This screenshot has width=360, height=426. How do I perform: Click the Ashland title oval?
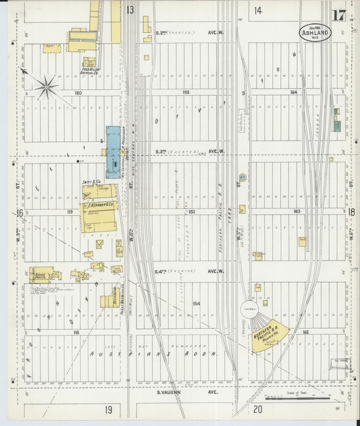point(315,32)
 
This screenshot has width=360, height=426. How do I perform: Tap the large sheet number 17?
point(338,15)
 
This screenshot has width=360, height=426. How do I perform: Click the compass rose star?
point(47,86)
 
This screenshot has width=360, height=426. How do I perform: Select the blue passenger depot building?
point(113,151)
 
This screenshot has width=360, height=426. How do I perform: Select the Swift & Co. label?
point(92,182)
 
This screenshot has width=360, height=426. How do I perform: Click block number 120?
point(78,92)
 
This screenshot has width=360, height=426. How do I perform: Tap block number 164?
point(294,92)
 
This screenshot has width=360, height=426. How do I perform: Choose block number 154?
point(197,304)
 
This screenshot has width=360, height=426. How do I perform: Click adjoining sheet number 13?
point(129,10)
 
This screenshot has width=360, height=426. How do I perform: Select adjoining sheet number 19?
point(108,410)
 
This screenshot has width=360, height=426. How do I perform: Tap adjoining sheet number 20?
point(257,410)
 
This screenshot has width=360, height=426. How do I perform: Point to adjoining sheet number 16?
point(20,213)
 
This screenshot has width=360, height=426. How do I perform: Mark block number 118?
point(76,333)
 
